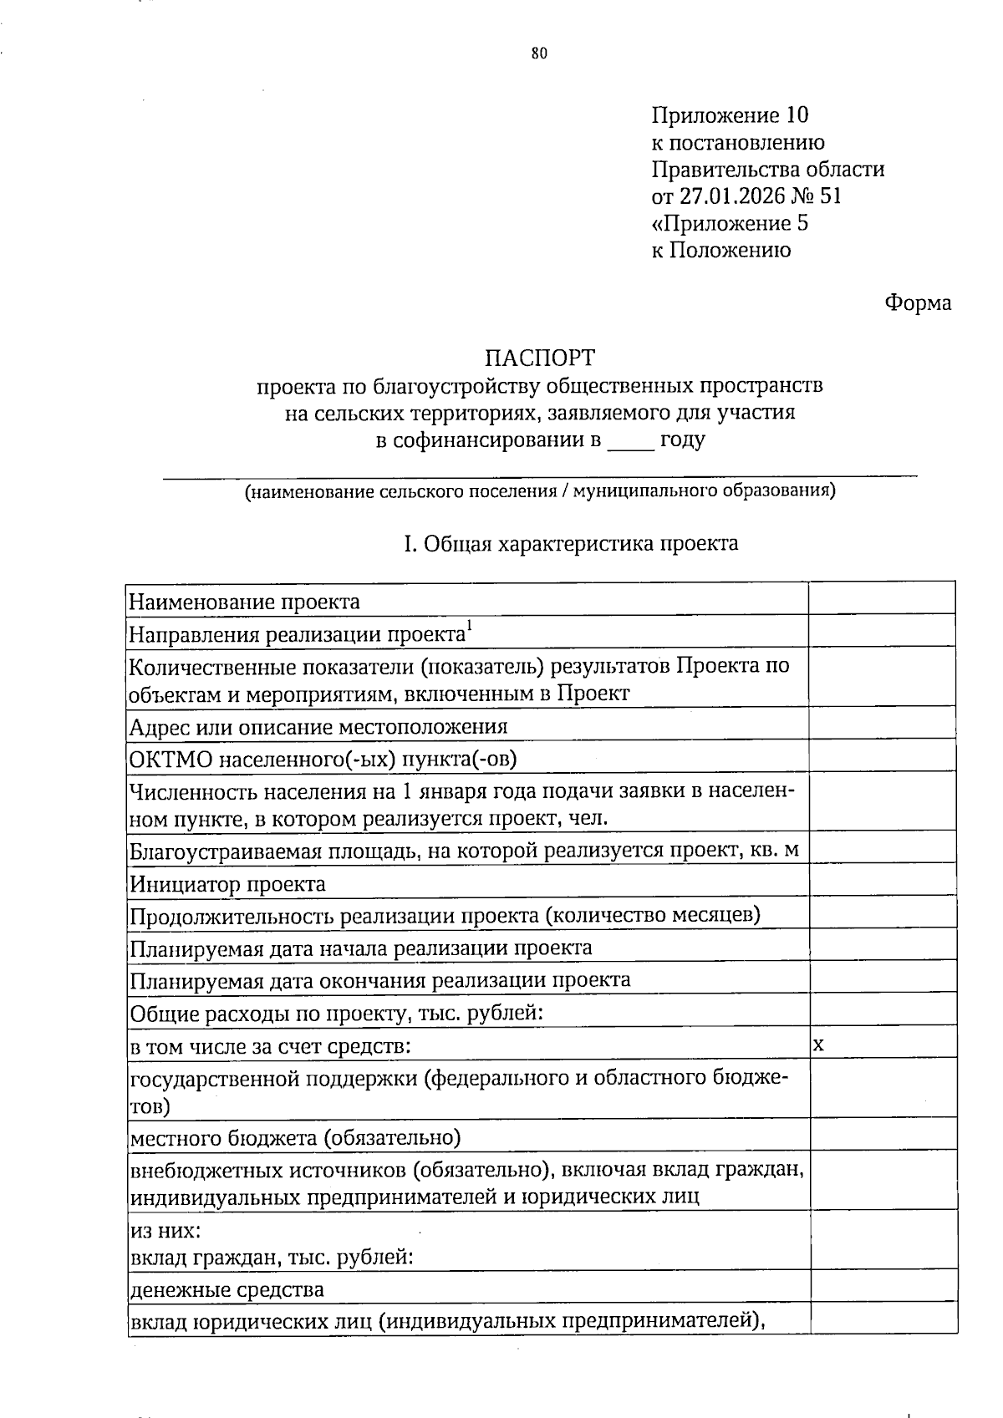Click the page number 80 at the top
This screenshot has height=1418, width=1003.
[539, 54]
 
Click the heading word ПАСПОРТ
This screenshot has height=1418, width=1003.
[540, 358]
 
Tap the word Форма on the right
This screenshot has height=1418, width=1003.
[918, 302]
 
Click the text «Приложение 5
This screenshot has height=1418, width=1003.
[730, 223]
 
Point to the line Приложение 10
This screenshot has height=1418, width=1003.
[730, 115]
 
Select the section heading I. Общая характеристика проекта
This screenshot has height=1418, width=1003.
[571, 544]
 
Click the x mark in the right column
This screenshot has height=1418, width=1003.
[819, 1044]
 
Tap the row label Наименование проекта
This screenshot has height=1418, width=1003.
[244, 602]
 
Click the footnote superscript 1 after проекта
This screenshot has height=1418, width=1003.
[470, 628]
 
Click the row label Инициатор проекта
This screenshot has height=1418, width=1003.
[227, 884]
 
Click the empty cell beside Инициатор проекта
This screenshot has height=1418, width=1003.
[882, 881]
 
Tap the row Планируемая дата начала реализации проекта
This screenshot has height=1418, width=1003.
[361, 948]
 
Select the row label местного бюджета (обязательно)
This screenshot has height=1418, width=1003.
[295, 1138]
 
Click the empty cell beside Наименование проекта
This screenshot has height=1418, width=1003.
[882, 599]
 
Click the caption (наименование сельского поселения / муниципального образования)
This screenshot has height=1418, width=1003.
[540, 491]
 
